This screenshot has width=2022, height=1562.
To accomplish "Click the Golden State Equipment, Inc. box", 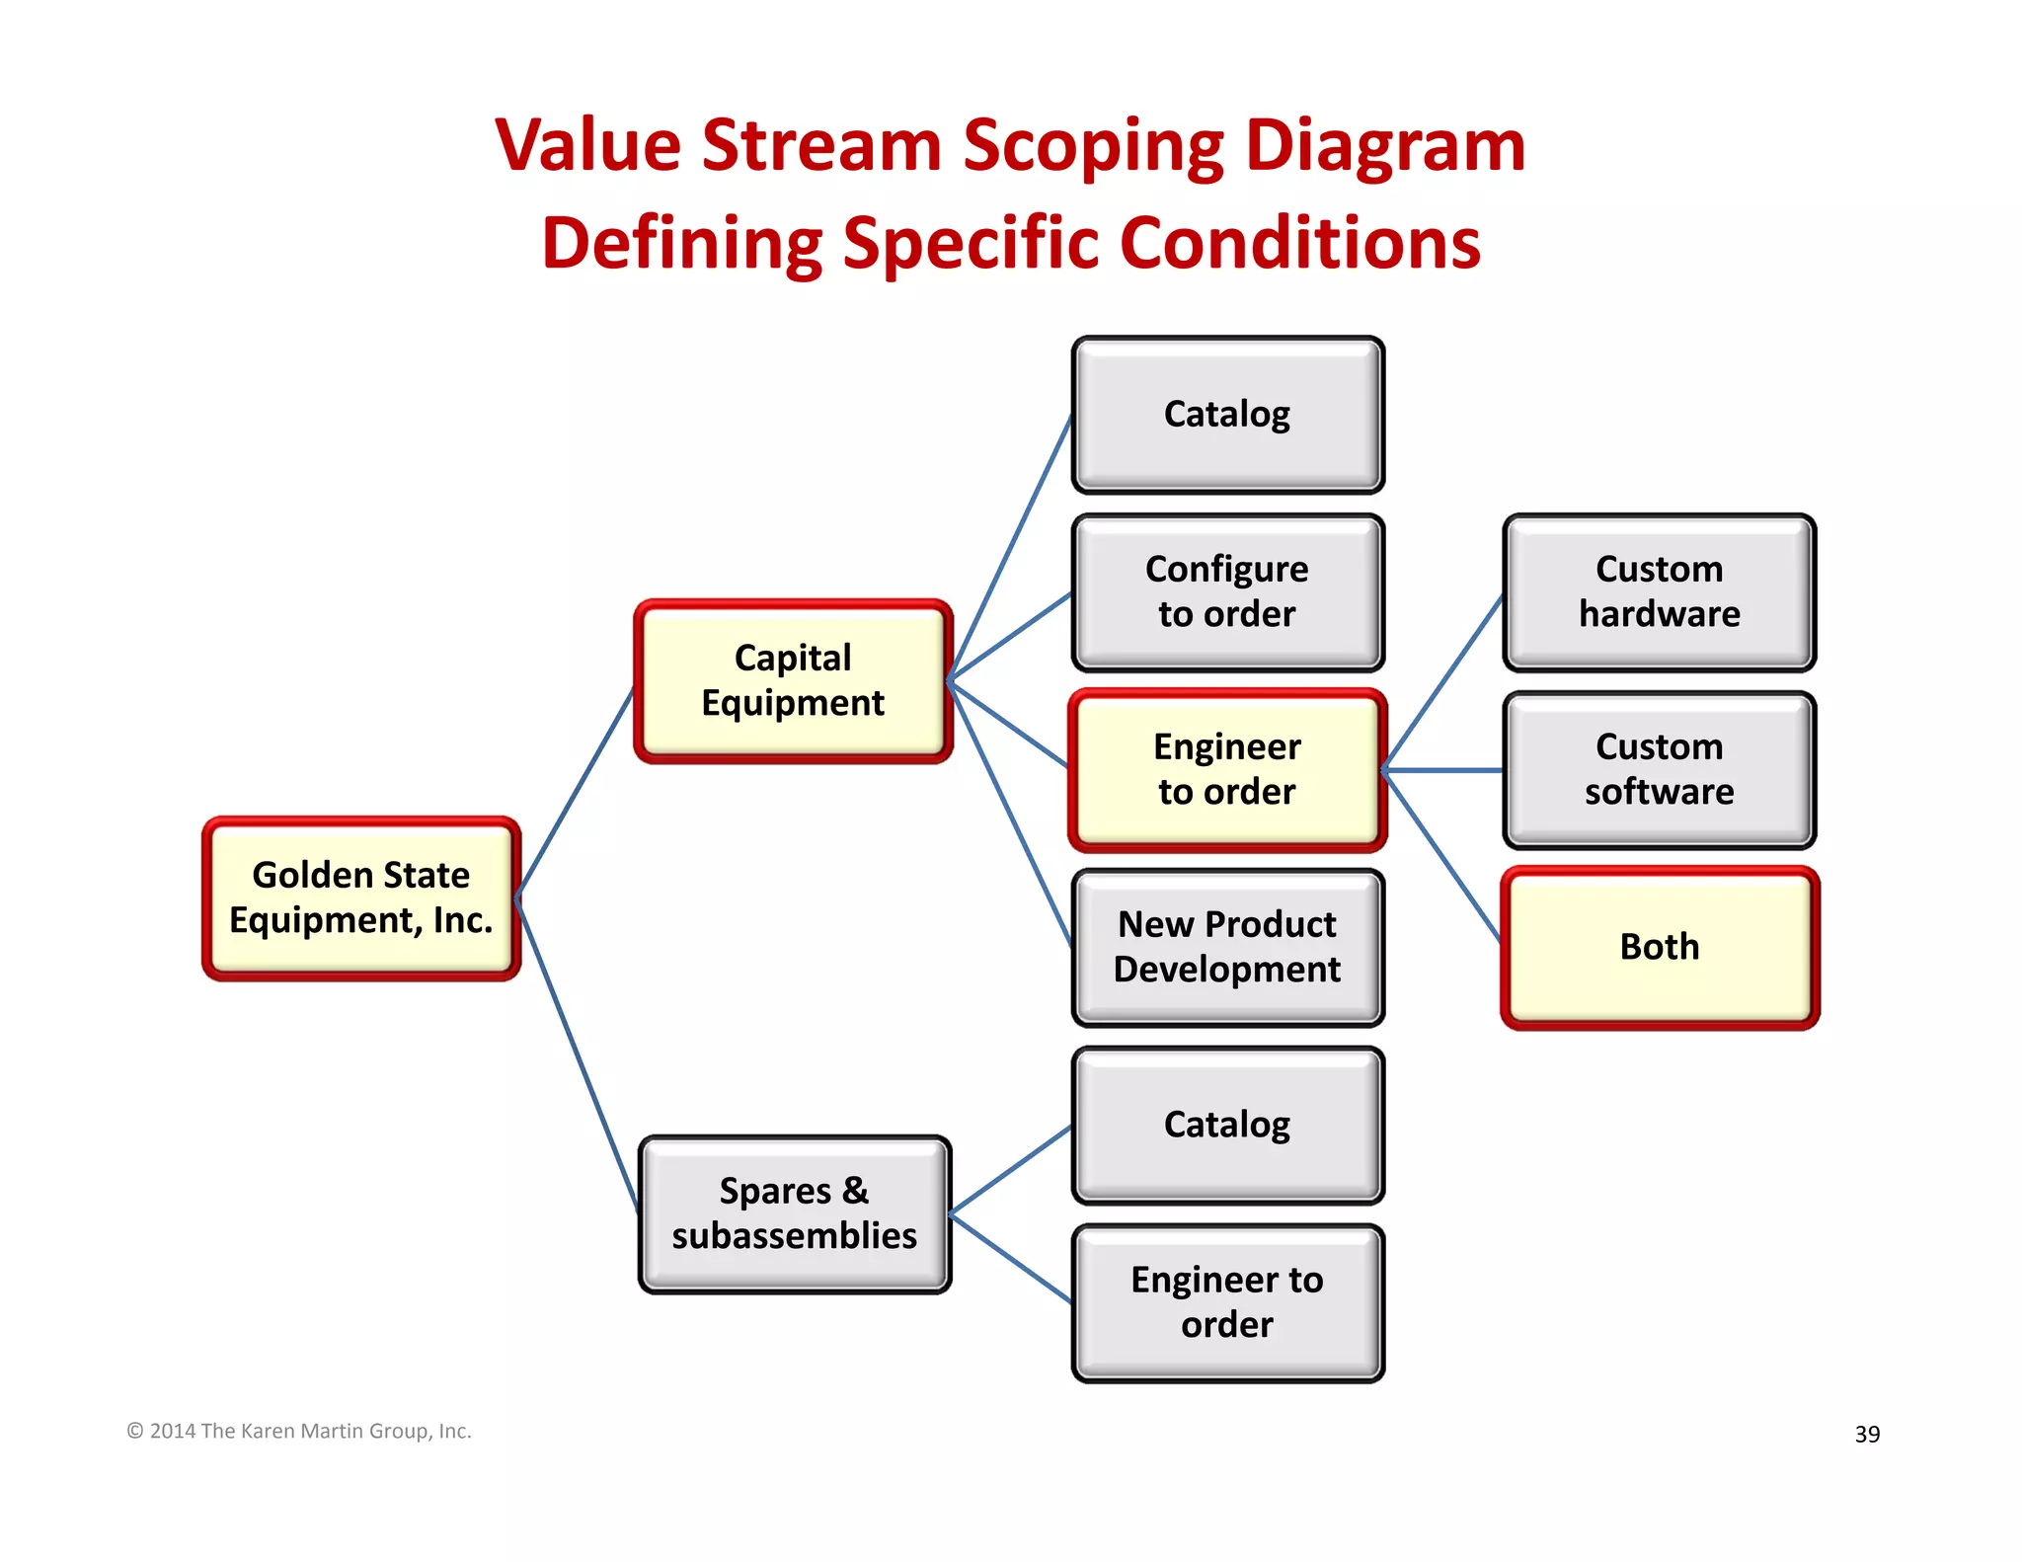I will pos(361,898).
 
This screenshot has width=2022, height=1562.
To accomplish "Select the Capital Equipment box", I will pos(793,680).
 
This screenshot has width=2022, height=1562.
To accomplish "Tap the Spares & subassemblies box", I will pos(794,1213).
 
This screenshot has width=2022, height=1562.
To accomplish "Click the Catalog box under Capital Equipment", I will pos(1227,414).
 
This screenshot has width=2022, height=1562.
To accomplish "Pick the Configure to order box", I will pos(1227,591).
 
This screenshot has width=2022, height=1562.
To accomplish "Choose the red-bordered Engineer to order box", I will pos(1227,769).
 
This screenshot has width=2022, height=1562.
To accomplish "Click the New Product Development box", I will pos(1227,947).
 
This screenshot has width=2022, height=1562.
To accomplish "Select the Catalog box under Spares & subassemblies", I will pos(1227,1125).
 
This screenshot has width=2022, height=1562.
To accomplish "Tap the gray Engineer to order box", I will pos(1227,1302).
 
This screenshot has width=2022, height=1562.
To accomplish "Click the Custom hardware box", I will pos(1659,591).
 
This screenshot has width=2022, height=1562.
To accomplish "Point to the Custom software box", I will pos(1659,769).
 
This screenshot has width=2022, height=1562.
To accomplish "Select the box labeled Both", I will pos(1659,947).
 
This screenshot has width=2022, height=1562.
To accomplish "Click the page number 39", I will pos(1867,1434).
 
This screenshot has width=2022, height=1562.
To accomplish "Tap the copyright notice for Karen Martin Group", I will pos(299,1431).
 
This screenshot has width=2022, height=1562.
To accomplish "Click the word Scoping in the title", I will pos(1093,145).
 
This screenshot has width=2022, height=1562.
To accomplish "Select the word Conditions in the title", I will pos(1300,243).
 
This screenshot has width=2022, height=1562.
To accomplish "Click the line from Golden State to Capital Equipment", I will pos(576,792).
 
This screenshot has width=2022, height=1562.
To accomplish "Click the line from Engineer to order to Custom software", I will pos(1443,770).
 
